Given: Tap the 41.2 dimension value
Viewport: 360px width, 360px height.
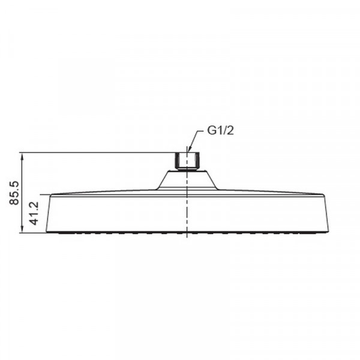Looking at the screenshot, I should (34, 214).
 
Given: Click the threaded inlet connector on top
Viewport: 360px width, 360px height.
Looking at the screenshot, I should (187, 161).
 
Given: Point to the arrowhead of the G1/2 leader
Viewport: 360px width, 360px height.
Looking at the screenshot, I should (188, 150).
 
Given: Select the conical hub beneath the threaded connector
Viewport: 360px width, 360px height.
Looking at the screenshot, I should (187, 179).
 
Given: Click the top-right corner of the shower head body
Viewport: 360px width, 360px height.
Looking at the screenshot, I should (324, 195).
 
